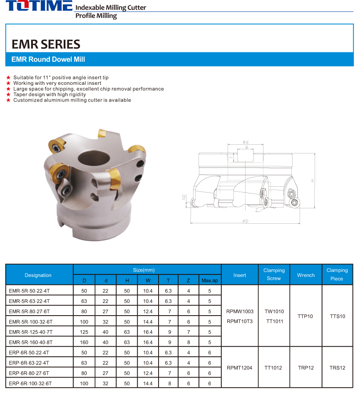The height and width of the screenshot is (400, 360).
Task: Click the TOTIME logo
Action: (x=39, y=6)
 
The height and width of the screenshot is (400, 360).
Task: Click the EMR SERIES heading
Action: (x=46, y=44)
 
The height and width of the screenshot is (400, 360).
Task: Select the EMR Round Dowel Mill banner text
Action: (x=48, y=59)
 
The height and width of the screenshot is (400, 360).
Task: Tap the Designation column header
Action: (x=38, y=275)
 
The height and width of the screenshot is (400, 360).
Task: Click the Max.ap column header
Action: (x=210, y=281)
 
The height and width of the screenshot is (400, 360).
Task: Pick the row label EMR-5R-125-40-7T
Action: (x=30, y=332)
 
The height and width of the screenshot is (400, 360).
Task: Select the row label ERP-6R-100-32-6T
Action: (x=30, y=383)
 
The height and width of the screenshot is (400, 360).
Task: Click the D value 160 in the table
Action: (x=84, y=342)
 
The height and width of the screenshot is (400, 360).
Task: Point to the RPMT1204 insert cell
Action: (x=239, y=368)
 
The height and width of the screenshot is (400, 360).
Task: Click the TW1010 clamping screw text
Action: (x=274, y=311)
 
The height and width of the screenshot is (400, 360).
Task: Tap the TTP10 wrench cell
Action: (x=305, y=316)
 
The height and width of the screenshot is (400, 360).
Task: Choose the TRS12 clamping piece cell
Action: (x=337, y=368)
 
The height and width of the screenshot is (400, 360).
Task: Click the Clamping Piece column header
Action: (x=337, y=274)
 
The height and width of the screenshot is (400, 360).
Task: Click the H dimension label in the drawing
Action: (x=312, y=180)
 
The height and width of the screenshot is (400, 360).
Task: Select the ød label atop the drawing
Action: (x=246, y=142)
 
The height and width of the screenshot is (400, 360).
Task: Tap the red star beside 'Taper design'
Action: (x=8, y=94)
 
